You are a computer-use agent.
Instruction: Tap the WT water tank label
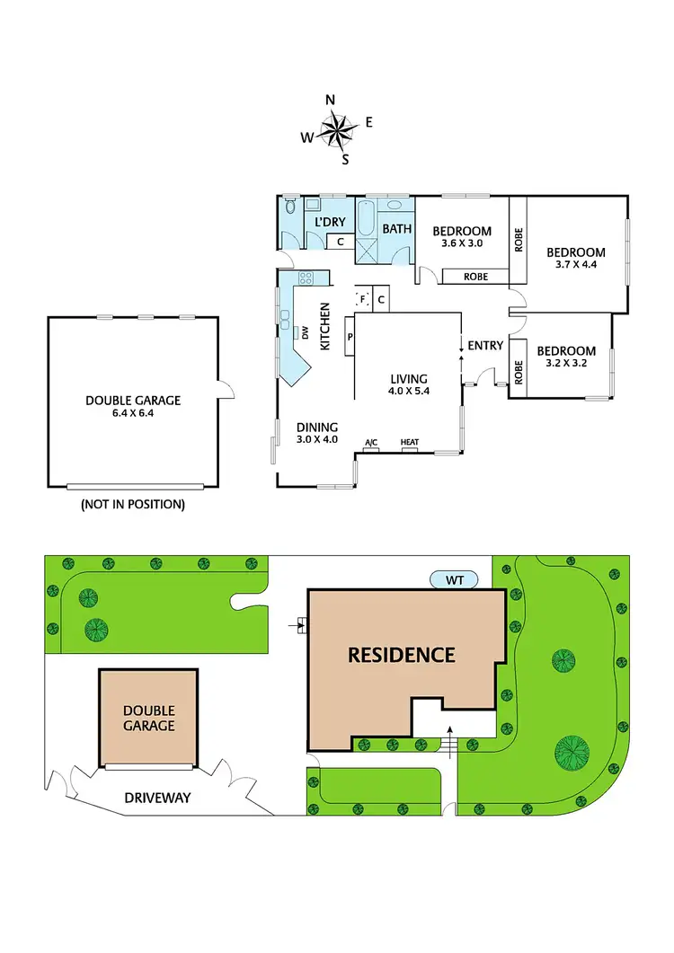pos(455,579)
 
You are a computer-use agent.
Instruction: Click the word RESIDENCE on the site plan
pos(402,655)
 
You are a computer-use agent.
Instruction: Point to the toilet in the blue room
pos(289,207)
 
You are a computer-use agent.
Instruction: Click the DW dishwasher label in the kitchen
pos(305,334)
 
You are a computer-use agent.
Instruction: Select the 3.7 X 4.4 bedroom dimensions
pos(576,267)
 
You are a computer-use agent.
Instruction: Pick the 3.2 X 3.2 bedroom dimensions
pos(565,365)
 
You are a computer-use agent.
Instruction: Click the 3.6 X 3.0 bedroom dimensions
pos(463,243)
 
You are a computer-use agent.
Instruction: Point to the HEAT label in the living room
pos(410,443)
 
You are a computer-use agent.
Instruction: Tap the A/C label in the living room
pos(370,443)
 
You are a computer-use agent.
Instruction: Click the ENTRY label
pos(485,345)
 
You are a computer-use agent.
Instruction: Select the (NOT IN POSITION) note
pos(133,505)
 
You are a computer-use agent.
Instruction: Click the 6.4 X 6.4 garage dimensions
pos(133,415)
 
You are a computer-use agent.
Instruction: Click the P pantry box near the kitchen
pos(349,338)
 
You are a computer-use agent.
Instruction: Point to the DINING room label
pos(317,427)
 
